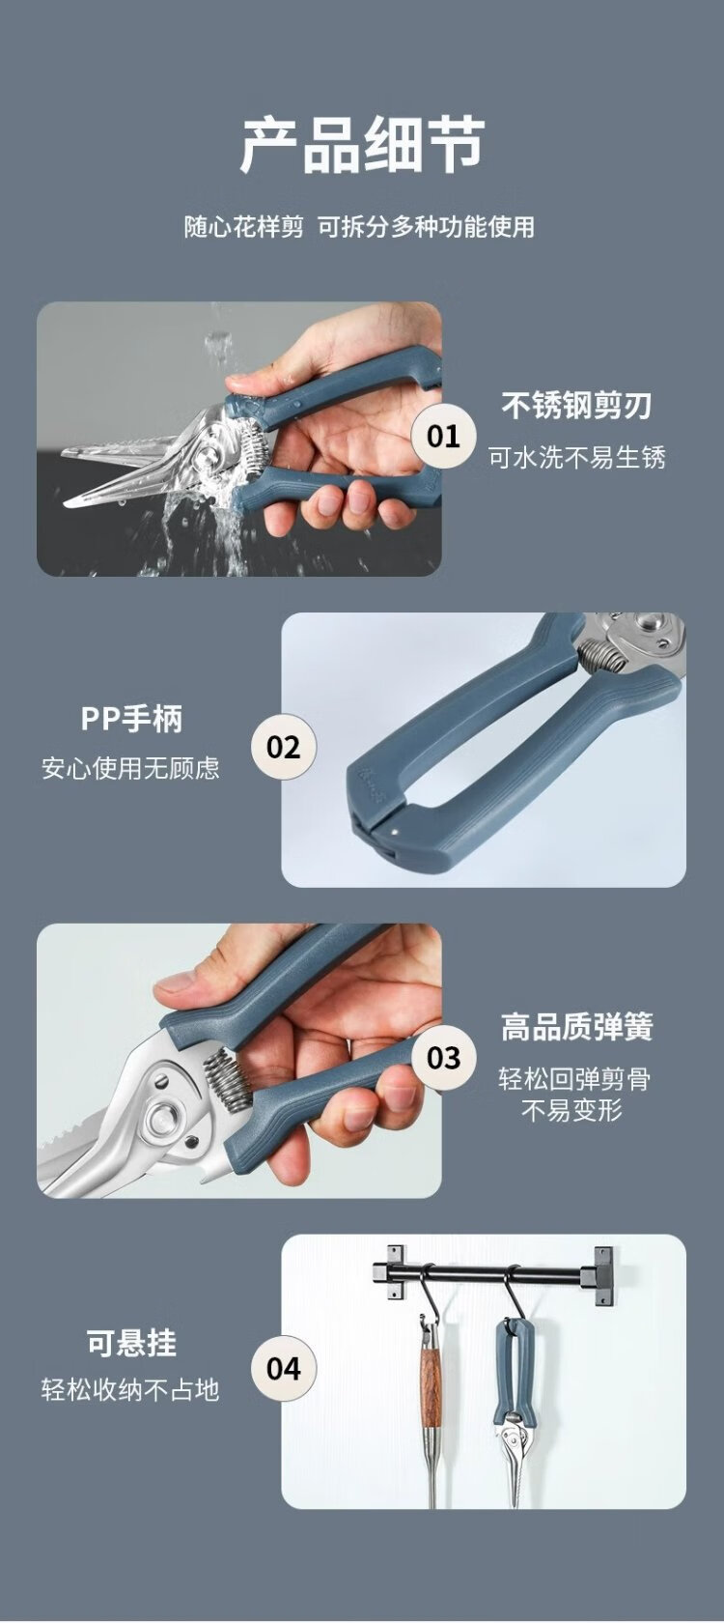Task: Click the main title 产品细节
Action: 362,146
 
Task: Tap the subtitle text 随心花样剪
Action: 244,227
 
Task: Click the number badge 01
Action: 444,437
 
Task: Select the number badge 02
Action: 284,747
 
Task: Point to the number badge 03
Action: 444,1058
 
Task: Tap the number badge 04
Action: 284,1369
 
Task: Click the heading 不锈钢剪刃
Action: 577,406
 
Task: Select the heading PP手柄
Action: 131,718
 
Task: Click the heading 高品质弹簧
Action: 577,1027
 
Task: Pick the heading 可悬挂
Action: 131,1343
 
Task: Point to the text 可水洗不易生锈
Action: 577,458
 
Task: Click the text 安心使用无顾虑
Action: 130,768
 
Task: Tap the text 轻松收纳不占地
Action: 130,1389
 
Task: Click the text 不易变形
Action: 571,1110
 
